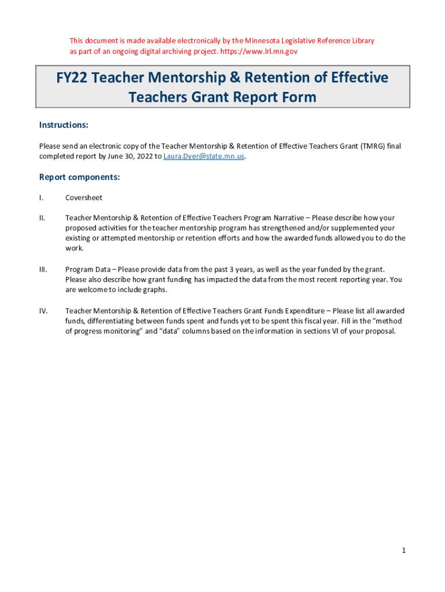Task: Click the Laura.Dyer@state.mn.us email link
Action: tap(204, 157)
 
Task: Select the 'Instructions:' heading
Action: tap(64, 125)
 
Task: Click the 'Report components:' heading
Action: tap(79, 177)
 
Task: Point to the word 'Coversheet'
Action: tap(84, 198)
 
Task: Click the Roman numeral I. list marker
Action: tap(41, 198)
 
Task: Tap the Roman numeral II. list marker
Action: tap(42, 218)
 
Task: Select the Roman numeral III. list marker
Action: tap(43, 269)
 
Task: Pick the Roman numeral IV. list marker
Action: tap(43, 310)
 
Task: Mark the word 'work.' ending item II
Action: tap(75, 248)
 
